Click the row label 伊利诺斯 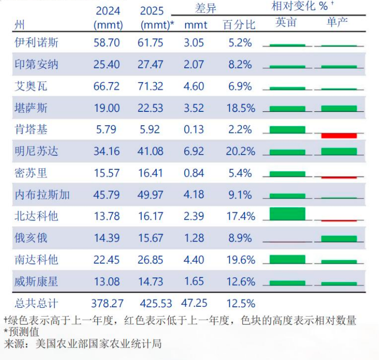pos(36,43)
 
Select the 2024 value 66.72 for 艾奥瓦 pos(107,86)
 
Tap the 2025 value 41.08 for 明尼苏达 pos(152,152)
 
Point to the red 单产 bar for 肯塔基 pos(339,135)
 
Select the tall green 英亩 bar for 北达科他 pos(287,214)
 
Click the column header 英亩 pos(286,23)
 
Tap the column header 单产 pos(338,23)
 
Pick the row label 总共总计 pos(36,304)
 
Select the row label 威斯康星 pos(36,281)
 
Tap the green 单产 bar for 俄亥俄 pos(339,239)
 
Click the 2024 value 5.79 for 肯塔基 pos(107,130)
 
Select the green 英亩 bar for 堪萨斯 pos(287,108)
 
